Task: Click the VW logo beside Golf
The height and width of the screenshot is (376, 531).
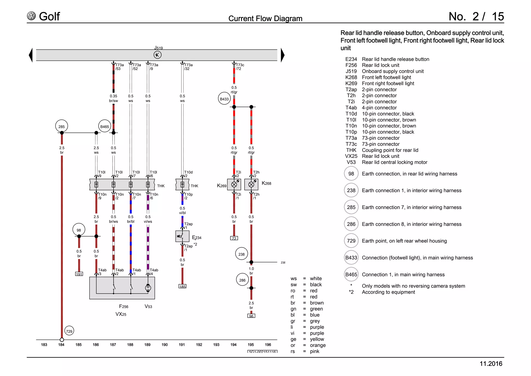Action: [x=31, y=16]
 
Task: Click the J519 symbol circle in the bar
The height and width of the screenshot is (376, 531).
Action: [x=157, y=55]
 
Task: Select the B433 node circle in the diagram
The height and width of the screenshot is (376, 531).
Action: [x=224, y=99]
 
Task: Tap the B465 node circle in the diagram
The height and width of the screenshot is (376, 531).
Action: [x=105, y=126]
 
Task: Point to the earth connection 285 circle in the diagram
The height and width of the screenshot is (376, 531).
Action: [x=62, y=126]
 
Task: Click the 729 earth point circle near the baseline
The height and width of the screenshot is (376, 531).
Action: [x=69, y=331]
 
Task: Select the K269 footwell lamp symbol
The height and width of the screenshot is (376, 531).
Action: [x=234, y=185]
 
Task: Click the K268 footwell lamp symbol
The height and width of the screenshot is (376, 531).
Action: [x=251, y=185]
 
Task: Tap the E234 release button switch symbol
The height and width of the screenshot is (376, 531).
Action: [x=182, y=236]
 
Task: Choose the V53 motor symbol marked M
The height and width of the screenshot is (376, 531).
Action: [x=148, y=287]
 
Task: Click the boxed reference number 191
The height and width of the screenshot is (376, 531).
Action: [x=79, y=274]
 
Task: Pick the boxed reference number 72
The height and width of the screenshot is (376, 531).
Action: [x=234, y=238]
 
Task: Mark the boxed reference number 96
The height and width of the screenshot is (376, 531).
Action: [x=251, y=316]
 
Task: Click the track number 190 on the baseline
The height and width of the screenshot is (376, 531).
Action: [x=165, y=345]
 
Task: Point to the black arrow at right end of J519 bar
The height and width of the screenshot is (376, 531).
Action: [x=283, y=55]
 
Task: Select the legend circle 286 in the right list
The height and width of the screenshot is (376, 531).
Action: [x=351, y=224]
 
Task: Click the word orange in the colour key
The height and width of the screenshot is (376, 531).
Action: [x=318, y=345]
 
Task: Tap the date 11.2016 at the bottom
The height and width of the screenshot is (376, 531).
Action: [x=491, y=364]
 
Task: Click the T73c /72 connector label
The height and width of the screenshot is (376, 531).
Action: [x=240, y=67]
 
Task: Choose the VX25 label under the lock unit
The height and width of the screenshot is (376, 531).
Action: [x=121, y=314]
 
